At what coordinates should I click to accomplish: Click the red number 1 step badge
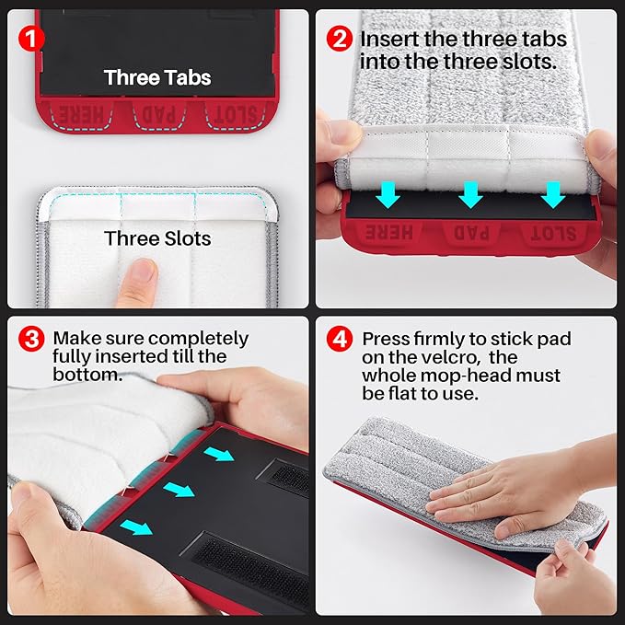[x=31, y=39]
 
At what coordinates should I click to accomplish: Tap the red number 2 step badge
[x=340, y=39]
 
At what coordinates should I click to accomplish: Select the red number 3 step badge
[x=31, y=339]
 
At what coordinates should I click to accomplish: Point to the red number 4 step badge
[x=340, y=339]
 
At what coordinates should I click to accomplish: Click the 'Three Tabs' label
[x=157, y=77]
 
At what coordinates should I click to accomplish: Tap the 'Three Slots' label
[x=157, y=238]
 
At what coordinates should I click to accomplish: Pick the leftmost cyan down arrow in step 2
[x=388, y=194]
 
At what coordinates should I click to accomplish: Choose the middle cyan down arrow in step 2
[x=470, y=194]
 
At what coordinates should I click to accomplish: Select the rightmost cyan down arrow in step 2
[x=553, y=194]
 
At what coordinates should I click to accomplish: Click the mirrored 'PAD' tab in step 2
[x=471, y=234]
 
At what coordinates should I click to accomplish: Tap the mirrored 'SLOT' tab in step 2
[x=553, y=234]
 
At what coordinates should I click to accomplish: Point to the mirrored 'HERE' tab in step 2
[x=389, y=232]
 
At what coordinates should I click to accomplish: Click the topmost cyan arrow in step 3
[x=219, y=454]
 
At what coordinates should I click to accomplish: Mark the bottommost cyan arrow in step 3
[x=136, y=527]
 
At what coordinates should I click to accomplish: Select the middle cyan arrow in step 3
[x=179, y=490]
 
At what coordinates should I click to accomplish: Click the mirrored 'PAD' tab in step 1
[x=159, y=114]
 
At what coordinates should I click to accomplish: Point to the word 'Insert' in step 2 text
[x=389, y=39]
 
